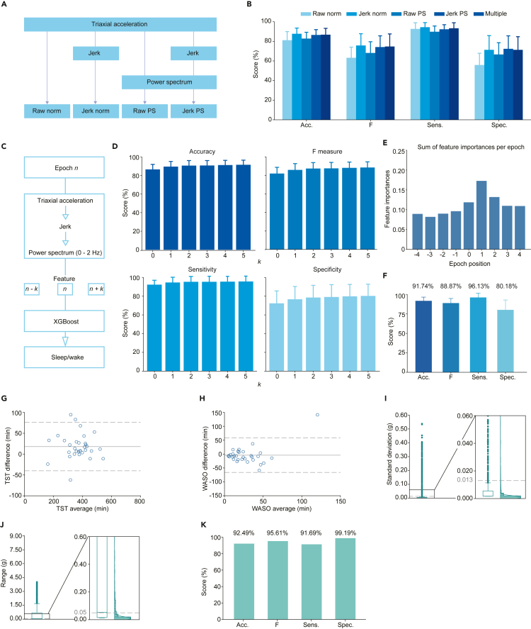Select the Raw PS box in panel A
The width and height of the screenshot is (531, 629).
pos(144,111)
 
